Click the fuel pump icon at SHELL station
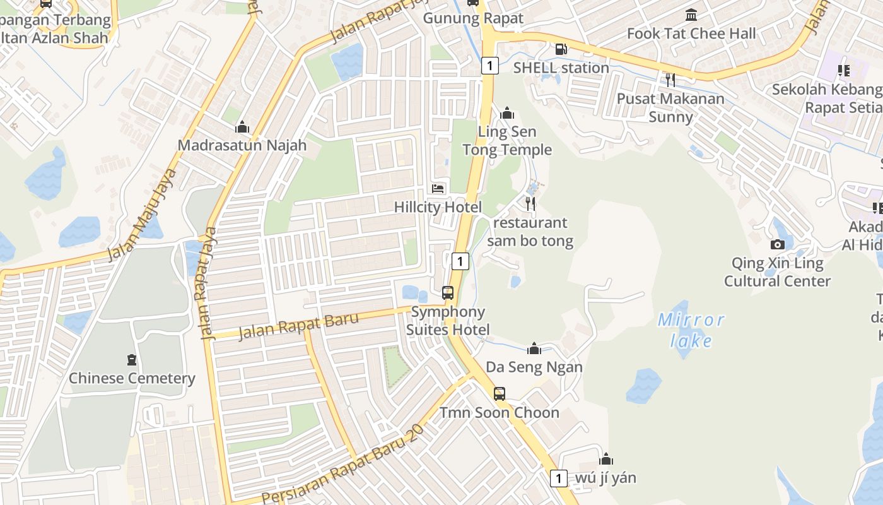pos(560,49)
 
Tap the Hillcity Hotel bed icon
pos(438,189)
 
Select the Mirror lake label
pos(691,330)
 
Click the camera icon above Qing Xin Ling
pos(778,244)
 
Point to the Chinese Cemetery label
pos(132,379)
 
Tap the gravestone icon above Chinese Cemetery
pos(132,360)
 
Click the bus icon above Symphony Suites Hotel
pos(448,293)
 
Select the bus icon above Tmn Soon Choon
pos(499,394)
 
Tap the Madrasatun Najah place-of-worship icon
pos(242,128)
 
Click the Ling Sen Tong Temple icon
pos(507,114)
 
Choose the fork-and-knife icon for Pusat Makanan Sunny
pos(670,80)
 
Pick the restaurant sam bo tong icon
pos(530,204)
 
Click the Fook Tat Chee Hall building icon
pos(691,15)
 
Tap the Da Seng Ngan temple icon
pos(534,348)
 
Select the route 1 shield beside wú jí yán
pos(558,478)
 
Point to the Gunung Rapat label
pos(473,18)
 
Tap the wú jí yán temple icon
pos(606,459)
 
